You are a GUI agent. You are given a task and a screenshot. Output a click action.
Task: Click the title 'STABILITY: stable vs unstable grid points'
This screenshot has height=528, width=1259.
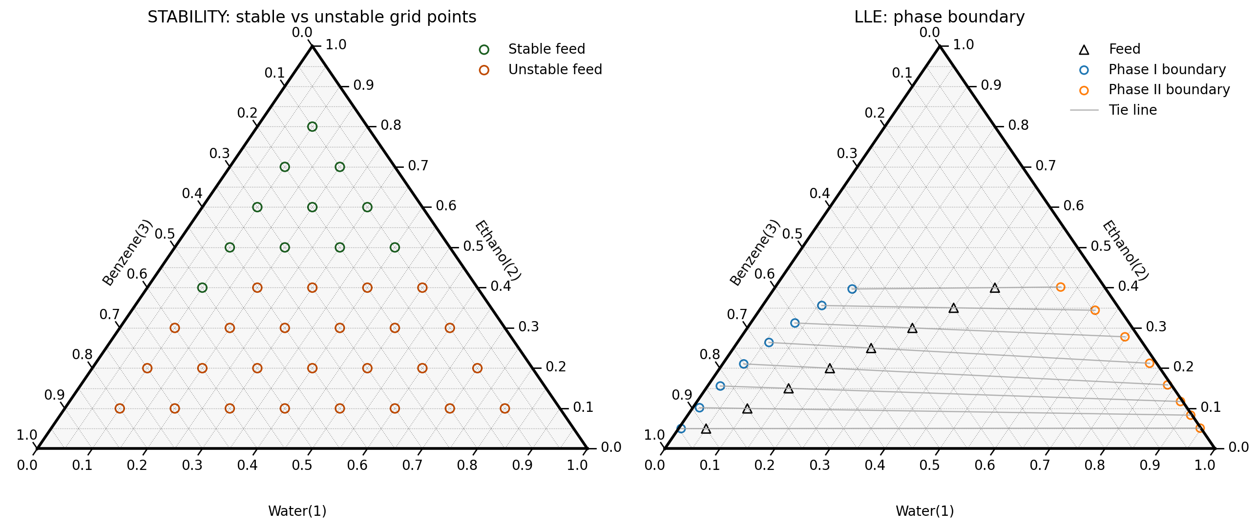click(x=312, y=17)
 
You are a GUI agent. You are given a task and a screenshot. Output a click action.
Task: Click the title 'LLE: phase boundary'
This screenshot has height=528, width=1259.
click(x=939, y=17)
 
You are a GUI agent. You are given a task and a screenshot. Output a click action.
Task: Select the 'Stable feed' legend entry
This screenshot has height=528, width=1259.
click(x=546, y=49)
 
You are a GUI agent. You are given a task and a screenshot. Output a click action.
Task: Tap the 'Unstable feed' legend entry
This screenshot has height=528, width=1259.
click(x=555, y=70)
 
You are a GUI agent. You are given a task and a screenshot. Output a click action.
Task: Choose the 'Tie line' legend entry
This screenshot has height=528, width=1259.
click(x=1132, y=110)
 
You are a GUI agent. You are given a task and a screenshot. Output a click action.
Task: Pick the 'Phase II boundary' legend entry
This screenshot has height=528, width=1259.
click(x=1169, y=90)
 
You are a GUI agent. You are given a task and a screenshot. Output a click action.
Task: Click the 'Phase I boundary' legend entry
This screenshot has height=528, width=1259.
click(x=1167, y=70)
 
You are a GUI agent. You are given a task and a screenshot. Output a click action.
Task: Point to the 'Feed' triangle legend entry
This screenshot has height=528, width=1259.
click(x=1124, y=49)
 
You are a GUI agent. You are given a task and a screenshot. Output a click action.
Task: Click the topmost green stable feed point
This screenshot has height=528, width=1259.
click(x=312, y=127)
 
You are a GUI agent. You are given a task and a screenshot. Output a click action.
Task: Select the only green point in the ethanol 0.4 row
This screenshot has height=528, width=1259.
click(x=202, y=288)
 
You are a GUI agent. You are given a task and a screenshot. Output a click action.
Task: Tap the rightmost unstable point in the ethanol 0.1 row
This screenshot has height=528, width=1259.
click(x=505, y=408)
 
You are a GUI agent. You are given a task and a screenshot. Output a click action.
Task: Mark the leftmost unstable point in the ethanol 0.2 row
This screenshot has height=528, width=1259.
click(x=147, y=368)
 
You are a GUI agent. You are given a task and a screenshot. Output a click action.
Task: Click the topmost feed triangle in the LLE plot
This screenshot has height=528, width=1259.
click(x=995, y=288)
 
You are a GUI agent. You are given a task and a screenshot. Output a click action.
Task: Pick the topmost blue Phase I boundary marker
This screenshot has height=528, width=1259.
click(x=852, y=289)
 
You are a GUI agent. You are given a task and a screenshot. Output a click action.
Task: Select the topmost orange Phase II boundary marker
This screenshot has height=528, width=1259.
click(x=1060, y=287)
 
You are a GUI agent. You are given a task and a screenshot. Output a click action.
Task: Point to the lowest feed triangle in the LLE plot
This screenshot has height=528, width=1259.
click(x=706, y=429)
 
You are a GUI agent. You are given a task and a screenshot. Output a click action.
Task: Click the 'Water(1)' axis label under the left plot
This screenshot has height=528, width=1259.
click(x=297, y=511)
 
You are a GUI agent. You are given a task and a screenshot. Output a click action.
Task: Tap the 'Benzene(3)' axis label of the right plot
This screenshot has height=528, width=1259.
click(x=754, y=252)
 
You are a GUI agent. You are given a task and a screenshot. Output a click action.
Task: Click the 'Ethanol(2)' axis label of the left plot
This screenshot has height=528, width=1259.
click(x=498, y=250)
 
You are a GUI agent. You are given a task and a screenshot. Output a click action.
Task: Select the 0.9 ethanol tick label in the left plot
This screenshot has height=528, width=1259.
click(x=363, y=85)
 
